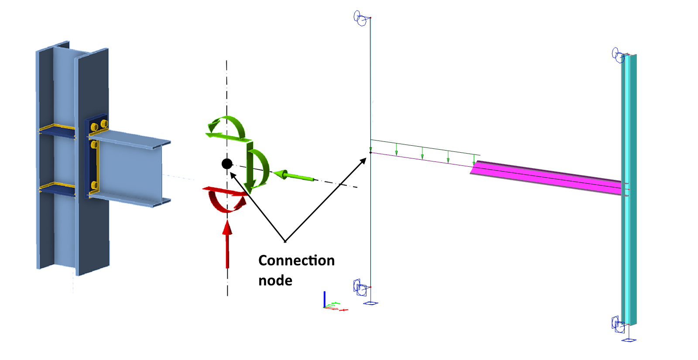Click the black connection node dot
point(227,164)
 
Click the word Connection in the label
point(296,261)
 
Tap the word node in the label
point(275,281)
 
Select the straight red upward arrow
point(227,244)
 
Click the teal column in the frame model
point(629,188)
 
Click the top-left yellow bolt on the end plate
point(94,127)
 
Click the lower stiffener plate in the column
point(57,189)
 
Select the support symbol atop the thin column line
point(360,19)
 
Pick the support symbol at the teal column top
point(618,55)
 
